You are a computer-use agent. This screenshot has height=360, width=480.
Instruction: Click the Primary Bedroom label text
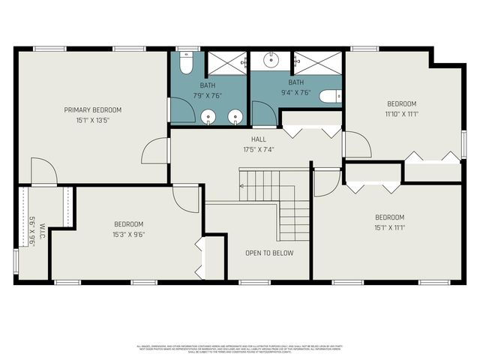coord(92,109)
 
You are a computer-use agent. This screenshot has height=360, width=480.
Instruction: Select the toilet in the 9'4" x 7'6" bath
coord(330,96)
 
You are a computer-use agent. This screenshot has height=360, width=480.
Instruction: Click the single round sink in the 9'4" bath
coord(266,59)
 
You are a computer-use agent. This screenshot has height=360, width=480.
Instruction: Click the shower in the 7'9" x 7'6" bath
coord(226,62)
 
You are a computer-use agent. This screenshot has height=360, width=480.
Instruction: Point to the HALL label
coord(258,139)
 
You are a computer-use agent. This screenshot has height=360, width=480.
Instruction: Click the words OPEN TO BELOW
coord(269,253)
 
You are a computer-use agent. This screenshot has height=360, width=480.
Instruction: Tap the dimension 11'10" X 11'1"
coord(401,114)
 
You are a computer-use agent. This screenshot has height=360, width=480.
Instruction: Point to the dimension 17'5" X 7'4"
coord(259,149)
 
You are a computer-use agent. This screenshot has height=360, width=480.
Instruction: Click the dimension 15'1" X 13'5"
coord(92,120)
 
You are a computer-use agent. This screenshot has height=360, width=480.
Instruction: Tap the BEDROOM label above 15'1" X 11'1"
coord(389,217)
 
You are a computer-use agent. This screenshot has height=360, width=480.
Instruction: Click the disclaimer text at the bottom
coord(240,348)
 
